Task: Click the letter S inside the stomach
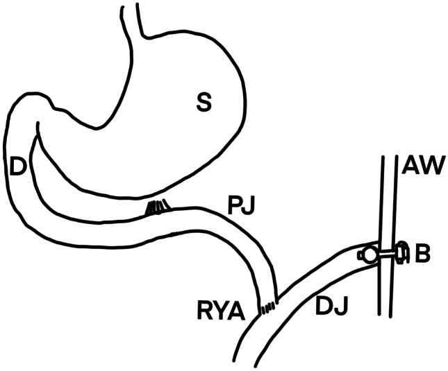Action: tap(203, 103)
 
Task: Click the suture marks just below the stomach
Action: tap(157, 207)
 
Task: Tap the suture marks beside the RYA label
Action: tap(267, 305)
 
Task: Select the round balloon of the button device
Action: tap(370, 254)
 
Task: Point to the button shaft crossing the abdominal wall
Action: tap(387, 253)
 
